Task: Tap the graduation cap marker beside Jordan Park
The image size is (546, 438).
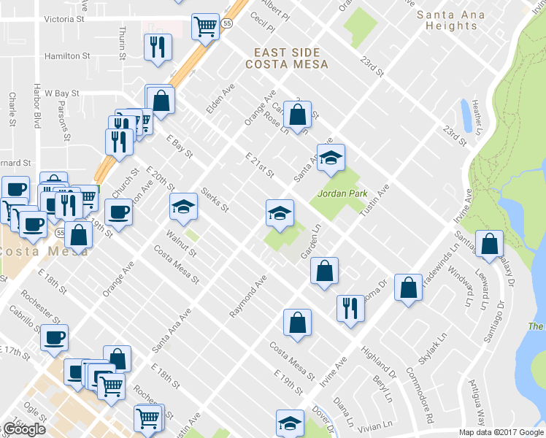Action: tap(331, 158)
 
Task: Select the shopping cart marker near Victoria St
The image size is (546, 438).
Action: tap(205, 27)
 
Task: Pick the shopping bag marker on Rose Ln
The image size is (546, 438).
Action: tap(297, 115)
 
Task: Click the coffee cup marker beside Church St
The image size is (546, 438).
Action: tap(118, 212)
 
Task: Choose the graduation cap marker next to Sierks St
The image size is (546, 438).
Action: tap(183, 207)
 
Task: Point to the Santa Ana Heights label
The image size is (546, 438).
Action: tap(447, 20)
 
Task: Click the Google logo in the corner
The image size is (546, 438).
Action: tap(23, 429)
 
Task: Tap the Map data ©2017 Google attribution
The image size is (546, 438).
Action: tap(501, 432)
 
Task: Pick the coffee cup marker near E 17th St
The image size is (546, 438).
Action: tap(53, 337)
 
